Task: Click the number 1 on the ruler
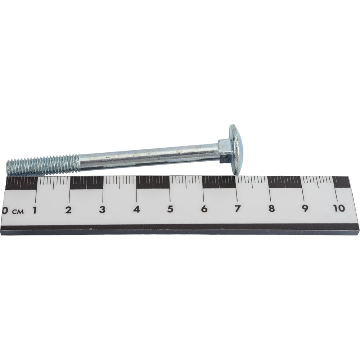pos(35,210)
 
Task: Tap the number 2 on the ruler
pos(68,210)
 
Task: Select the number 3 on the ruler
pos(102,210)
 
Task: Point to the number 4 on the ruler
pos(136,209)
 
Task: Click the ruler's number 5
pos(170,209)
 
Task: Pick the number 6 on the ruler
pos(204,209)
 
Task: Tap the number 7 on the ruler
pos(238,208)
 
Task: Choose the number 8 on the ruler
pos(271,208)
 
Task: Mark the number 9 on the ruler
pos(305,208)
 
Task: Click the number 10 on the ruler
pos(339,208)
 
